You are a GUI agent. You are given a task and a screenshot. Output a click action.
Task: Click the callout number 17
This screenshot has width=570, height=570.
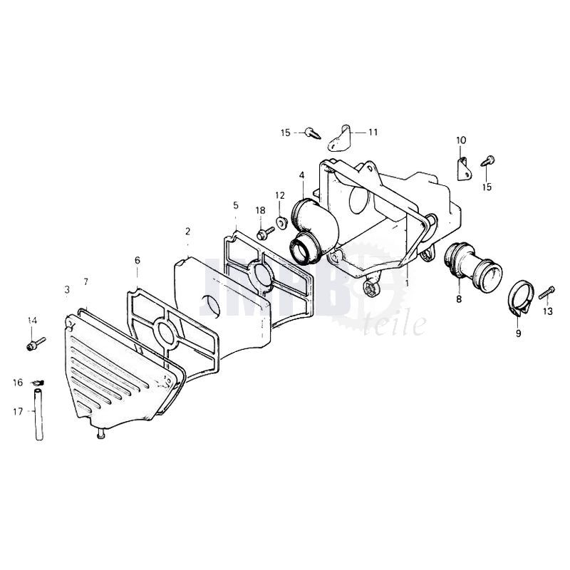click(18, 412)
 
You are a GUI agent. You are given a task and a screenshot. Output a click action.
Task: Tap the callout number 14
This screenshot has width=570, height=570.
click(32, 320)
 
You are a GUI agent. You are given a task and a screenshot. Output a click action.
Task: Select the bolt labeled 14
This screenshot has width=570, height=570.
click(36, 344)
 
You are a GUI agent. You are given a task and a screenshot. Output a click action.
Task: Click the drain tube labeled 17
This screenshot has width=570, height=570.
click(39, 415)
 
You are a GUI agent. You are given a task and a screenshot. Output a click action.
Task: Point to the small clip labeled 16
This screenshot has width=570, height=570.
click(38, 382)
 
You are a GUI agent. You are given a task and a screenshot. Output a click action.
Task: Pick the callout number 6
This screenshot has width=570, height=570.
click(137, 260)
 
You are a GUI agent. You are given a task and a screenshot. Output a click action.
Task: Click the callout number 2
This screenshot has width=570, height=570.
click(187, 231)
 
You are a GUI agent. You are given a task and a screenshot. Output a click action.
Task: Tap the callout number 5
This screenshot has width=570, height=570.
click(236, 205)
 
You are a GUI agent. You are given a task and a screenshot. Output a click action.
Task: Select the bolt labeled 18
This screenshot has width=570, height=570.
click(265, 233)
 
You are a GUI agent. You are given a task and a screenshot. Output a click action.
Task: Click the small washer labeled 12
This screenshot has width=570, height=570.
click(281, 222)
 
